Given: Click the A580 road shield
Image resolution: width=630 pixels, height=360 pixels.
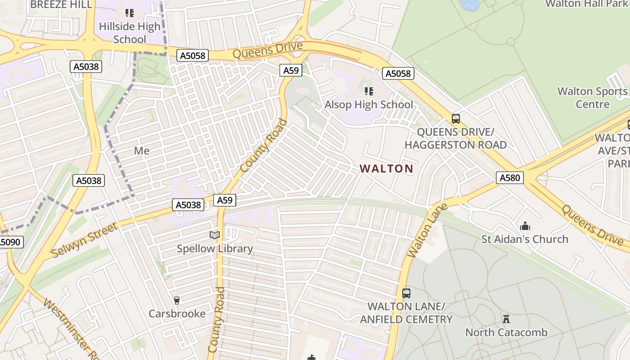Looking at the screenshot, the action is point(510,178).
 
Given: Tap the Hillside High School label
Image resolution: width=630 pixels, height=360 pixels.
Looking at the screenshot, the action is point(130,33).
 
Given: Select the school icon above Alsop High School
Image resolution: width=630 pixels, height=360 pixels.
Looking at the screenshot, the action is point(369,91).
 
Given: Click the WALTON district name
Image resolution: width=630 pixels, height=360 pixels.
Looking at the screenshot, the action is point(386,169).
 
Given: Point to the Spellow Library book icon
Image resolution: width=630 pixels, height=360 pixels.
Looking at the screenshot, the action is point(215,235).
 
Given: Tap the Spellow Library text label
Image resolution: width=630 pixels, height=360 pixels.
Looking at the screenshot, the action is point(215,248).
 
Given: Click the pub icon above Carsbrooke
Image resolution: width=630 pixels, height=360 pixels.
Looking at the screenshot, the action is point(177,300).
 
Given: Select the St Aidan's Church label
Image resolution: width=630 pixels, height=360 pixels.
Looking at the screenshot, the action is point(525,239).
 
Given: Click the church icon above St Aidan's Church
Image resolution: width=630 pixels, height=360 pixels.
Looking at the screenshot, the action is point(525,226).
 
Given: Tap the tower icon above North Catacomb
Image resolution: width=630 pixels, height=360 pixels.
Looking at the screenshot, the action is point(506,319).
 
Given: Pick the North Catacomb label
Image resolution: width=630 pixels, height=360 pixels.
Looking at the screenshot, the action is point(506,333).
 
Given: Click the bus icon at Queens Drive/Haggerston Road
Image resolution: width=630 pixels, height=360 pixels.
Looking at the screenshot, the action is point(456,119).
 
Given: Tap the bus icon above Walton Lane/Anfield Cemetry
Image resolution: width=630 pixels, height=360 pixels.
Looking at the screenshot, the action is point(406,293).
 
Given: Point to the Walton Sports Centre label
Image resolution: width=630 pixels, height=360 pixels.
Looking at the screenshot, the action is point(592,98).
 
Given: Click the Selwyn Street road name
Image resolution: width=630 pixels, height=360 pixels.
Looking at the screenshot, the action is point(85,239).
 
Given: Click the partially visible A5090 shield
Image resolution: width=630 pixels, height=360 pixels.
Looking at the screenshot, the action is point(10,242).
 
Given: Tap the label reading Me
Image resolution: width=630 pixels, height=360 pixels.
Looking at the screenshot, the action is point(142,151).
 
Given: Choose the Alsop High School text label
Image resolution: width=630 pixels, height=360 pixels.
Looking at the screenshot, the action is point(369,104).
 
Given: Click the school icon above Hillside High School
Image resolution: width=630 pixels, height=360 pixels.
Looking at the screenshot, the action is point(130,13).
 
